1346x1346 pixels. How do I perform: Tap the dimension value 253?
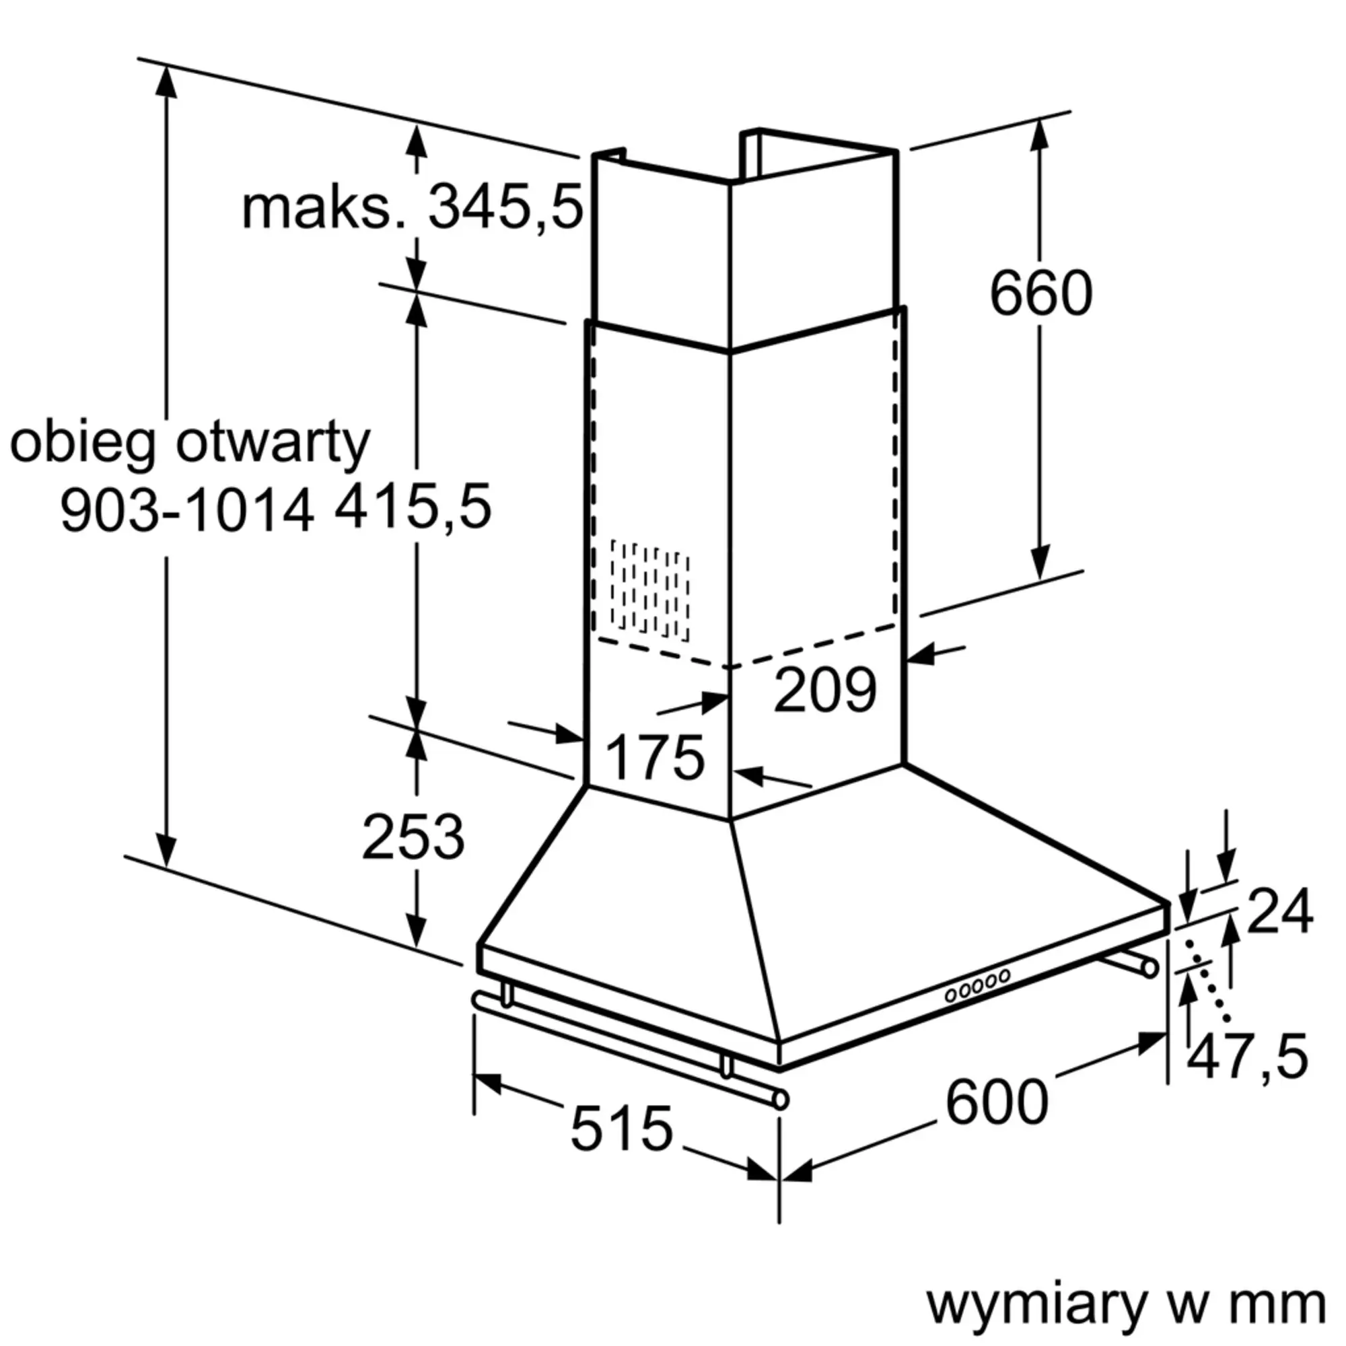413,837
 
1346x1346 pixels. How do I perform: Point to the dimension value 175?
654,758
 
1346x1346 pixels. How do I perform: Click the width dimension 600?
996,1102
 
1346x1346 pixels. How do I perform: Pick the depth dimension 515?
621,1129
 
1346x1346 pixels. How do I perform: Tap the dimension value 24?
1279,911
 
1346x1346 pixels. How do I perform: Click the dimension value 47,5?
1246,1057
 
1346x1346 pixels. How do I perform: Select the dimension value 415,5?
413,507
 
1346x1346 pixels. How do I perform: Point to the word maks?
324,209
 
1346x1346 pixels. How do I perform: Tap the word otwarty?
273,443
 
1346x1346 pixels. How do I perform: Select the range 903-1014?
186,511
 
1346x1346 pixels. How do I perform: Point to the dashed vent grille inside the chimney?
649,590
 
